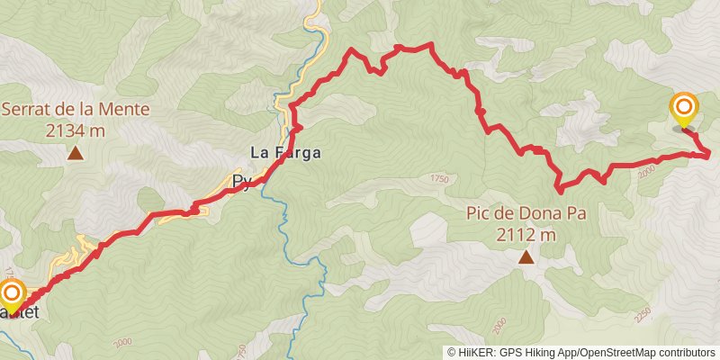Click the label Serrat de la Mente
(76, 111)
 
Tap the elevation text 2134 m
(76, 130)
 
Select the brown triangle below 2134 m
(76, 154)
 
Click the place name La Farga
(285, 152)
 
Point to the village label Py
(240, 183)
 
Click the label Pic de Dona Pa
(526, 215)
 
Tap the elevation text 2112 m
(526, 235)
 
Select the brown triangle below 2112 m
(526, 257)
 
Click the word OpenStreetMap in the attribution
(618, 352)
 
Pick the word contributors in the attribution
(688, 352)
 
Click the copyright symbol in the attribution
(452, 352)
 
